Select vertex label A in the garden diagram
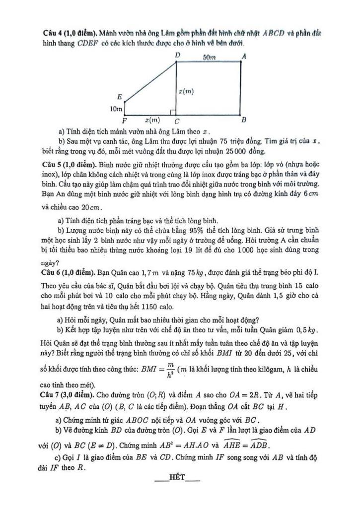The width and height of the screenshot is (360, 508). click(x=244, y=57)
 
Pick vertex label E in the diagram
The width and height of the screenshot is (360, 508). click(x=119, y=96)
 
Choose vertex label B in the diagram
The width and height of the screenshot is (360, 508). click(x=243, y=120)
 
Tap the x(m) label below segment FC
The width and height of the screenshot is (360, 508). click(x=152, y=120)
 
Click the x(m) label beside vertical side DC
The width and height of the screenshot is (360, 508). click(x=186, y=91)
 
